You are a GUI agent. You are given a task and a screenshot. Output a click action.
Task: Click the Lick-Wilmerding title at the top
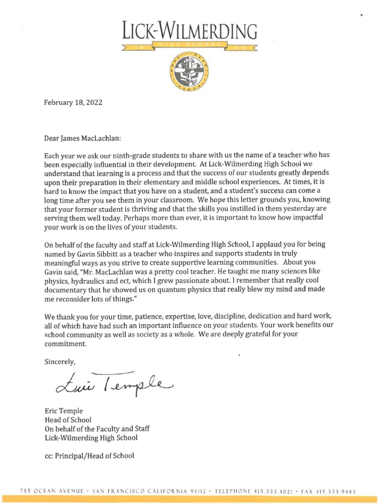coord(189,31)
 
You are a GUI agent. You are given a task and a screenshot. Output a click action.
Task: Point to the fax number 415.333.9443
coord(337,492)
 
